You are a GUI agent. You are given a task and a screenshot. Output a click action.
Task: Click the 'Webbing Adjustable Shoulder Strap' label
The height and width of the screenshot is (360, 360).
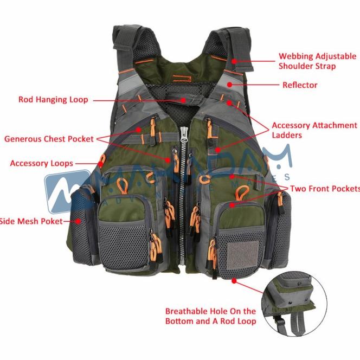coord(317,61)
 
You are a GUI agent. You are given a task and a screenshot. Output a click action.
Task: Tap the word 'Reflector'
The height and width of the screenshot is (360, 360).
coord(300,85)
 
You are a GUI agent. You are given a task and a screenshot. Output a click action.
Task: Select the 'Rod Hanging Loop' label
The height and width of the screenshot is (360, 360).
coord(53,100)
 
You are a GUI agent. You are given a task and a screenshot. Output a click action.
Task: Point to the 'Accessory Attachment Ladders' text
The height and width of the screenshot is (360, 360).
coord(314,130)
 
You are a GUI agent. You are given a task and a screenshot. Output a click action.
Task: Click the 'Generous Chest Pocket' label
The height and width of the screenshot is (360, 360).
coord(49,139)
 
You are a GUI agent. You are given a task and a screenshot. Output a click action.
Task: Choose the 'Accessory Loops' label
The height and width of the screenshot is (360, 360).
coord(41,163)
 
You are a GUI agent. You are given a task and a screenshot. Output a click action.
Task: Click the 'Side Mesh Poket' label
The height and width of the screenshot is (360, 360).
coord(31,221)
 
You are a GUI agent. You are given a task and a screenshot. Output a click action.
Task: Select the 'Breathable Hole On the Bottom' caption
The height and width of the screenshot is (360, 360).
coord(210,316)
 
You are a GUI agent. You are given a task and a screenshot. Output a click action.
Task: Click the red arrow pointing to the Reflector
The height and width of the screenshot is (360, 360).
coord(255,85)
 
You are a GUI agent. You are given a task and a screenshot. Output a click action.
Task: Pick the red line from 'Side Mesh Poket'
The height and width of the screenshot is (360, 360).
coord(72,221)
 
